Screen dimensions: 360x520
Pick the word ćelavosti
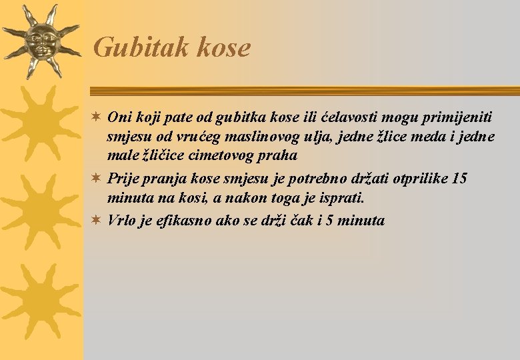[347, 117]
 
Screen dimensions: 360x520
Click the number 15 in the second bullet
[459, 179]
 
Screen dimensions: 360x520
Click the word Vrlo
[121, 220]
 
